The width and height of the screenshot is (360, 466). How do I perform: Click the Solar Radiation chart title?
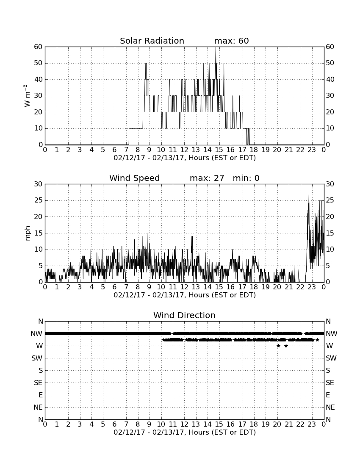pos(152,41)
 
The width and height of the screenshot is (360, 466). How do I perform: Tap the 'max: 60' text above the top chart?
pos(231,41)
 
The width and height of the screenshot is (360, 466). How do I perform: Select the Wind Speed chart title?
pos(134,178)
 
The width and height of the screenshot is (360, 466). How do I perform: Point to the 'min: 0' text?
pos(246,178)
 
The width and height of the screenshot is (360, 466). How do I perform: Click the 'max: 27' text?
pos(207,178)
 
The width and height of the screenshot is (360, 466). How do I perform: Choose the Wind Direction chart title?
pos(184,315)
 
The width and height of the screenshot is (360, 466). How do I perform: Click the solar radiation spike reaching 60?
pos(216,47)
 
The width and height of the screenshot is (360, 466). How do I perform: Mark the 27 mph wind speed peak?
pos(309,194)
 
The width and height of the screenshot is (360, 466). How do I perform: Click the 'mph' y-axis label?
pos(28,233)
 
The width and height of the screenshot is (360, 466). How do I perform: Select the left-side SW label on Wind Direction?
pos(37,358)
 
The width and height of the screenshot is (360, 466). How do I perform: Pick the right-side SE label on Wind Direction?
pos(330,383)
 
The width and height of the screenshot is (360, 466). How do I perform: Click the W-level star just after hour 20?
pos(278,346)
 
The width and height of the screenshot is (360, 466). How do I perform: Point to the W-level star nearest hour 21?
pos(286,346)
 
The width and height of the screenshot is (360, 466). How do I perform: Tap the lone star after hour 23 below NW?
pos(318,340)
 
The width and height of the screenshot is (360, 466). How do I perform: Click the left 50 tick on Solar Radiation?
pos(39,63)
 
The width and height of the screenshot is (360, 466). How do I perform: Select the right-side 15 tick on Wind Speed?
pos(330,233)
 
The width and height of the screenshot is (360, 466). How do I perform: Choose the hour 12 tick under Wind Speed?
pos(184,287)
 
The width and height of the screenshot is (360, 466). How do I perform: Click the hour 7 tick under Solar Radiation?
pos(126,150)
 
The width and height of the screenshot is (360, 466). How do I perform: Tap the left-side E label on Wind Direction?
pos(40,395)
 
